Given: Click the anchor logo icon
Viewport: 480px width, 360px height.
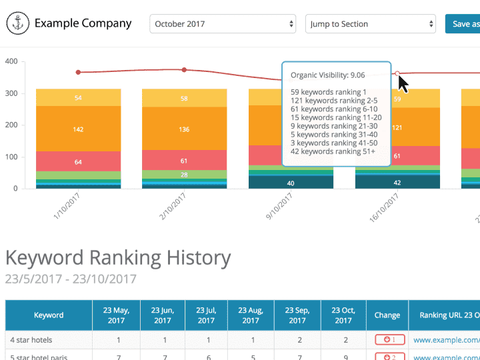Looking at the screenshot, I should pyautogui.click(x=17, y=24).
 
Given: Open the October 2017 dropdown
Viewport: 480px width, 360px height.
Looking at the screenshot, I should pyautogui.click(x=223, y=24).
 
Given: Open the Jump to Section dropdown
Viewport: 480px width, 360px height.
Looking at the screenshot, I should pyautogui.click(x=371, y=24).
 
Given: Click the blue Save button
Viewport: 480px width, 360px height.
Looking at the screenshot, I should pyautogui.click(x=464, y=24).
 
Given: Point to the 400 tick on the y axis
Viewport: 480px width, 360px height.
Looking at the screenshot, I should pyautogui.click(x=11, y=61).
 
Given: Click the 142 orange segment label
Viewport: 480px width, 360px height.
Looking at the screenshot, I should pyautogui.click(x=78, y=129).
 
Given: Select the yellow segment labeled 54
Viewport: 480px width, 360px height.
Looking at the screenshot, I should pyautogui.click(x=78, y=98).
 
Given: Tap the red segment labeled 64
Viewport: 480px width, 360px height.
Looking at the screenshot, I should pyautogui.click(x=78, y=162).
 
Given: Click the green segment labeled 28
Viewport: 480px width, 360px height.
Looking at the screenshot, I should pyautogui.click(x=184, y=175).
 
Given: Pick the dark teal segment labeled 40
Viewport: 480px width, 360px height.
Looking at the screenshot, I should pyautogui.click(x=291, y=183).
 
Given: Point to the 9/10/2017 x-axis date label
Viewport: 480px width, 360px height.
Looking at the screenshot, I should pyautogui.click(x=279, y=207).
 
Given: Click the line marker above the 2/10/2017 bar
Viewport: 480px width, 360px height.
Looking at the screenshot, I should pyautogui.click(x=184, y=69).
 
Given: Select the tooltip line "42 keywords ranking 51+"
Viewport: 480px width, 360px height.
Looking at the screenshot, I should pyautogui.click(x=333, y=151).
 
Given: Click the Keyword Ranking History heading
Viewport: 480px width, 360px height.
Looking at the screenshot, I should pyautogui.click(x=118, y=257).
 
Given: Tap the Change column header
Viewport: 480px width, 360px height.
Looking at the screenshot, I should pyautogui.click(x=387, y=315).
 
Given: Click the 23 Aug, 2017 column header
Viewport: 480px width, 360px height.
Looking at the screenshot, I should pyautogui.click(x=251, y=315).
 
